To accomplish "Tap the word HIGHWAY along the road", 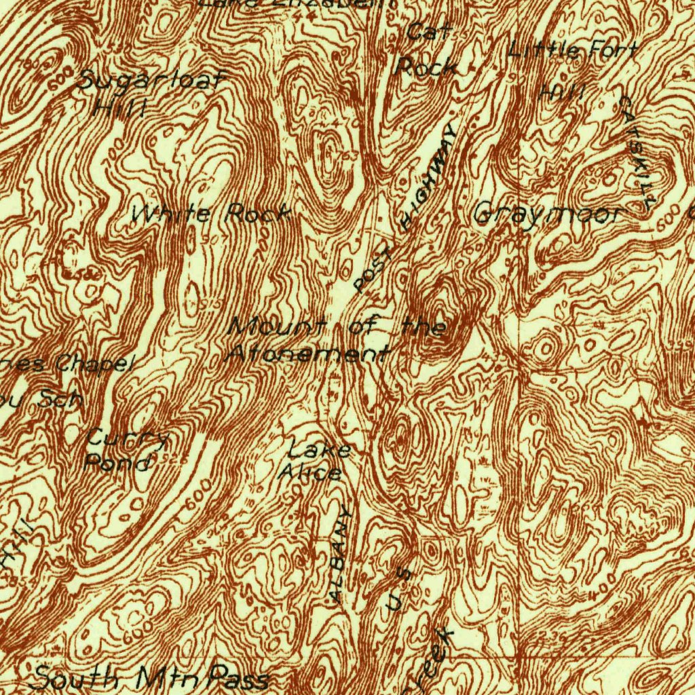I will click(429, 176).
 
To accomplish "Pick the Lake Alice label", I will click(314, 461).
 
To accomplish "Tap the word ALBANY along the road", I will click(341, 555).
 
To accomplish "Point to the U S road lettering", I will click(398, 589).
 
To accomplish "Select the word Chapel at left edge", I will click(92, 364).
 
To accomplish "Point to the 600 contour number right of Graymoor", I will click(668, 219).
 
